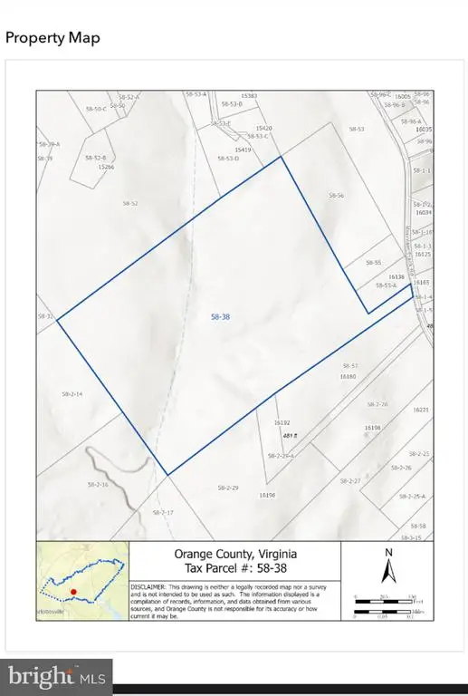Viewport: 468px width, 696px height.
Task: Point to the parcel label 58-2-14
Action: [72, 394]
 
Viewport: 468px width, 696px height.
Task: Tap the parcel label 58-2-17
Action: [163, 513]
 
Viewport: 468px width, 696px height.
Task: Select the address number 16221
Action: [420, 410]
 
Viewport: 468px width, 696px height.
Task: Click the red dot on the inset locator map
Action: [74, 590]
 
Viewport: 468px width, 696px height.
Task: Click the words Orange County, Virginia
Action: [234, 554]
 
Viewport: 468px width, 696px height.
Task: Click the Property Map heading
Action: [53, 37]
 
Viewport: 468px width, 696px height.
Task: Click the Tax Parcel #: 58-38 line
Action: [234, 568]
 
